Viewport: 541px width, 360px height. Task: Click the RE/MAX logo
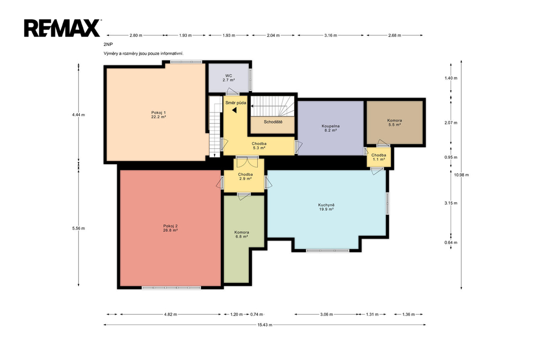pyautogui.click(x=62, y=28)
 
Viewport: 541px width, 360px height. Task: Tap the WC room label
pyautogui.click(x=229, y=78)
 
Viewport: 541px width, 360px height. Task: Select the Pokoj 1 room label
pyautogui.click(x=158, y=115)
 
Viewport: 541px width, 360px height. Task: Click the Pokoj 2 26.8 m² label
pyautogui.click(x=171, y=228)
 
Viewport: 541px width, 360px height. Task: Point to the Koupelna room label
pyautogui.click(x=331, y=128)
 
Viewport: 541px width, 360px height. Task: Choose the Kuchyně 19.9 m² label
pyautogui.click(x=327, y=207)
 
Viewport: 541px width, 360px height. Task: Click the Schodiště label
pyautogui.click(x=273, y=122)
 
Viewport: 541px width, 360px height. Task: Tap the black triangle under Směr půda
pyautogui.click(x=234, y=110)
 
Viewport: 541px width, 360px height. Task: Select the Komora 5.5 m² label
pyautogui.click(x=394, y=122)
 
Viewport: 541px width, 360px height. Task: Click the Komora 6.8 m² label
pyautogui.click(x=241, y=234)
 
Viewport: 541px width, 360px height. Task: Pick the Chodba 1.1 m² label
pyautogui.click(x=378, y=157)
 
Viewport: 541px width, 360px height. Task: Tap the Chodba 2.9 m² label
pyautogui.click(x=245, y=176)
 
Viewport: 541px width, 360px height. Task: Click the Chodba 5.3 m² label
pyautogui.click(x=259, y=146)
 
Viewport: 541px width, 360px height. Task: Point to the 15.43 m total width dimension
pyautogui.click(x=265, y=325)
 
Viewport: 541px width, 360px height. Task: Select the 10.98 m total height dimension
pyautogui.click(x=461, y=175)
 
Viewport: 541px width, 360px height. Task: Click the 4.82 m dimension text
pyautogui.click(x=171, y=314)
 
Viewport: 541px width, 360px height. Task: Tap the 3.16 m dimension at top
pyautogui.click(x=331, y=35)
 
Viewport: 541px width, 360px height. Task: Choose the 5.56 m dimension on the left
pyautogui.click(x=78, y=228)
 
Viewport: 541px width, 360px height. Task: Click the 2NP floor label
pyautogui.click(x=108, y=44)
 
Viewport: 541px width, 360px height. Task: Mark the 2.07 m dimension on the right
pyautogui.click(x=451, y=122)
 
